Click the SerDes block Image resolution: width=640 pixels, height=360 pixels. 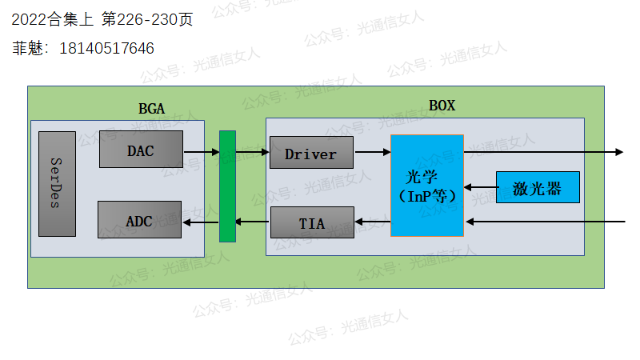pyautogui.click(x=57, y=183)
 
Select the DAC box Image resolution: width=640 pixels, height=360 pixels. pyautogui.click(x=141, y=150)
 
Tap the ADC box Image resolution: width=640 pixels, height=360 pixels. pyautogui.click(x=139, y=220)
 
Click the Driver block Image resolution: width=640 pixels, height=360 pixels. pyautogui.click(x=311, y=153)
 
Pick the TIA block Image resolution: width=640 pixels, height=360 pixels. pyautogui.click(x=312, y=222)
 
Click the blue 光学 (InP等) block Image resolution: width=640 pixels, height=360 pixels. pyautogui.click(x=427, y=186)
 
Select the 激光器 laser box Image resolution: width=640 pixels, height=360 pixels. pyautogui.click(x=538, y=187)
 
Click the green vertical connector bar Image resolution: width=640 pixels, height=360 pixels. pyautogui.click(x=228, y=186)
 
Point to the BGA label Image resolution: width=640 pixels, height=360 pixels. pyautogui.click(x=151, y=108)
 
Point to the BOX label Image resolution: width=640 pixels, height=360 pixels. pyautogui.click(x=442, y=106)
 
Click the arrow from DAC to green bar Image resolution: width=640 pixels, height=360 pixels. pyautogui.click(x=201, y=150)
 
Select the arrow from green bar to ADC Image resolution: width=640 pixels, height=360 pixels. pyautogui.click(x=201, y=221)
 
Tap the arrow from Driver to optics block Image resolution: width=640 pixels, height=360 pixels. pyautogui.click(x=372, y=151)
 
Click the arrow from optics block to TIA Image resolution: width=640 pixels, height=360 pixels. pyautogui.click(x=372, y=222)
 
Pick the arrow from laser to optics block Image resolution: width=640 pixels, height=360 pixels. pyautogui.click(x=480, y=188)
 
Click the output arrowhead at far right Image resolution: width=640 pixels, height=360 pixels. pyautogui.click(x=618, y=151)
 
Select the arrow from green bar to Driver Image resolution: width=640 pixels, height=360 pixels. pyautogui.click(x=253, y=150)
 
